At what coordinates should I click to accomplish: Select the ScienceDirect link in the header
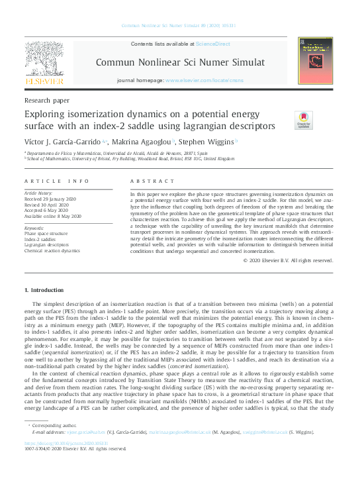point(213,44)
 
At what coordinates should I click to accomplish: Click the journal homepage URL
point(205,79)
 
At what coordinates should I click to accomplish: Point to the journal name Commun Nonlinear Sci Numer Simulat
point(180,62)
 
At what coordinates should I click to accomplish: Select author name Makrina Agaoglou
point(141,142)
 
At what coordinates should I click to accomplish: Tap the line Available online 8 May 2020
point(52,217)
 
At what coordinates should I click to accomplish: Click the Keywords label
point(35,228)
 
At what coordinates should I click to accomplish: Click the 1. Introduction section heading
point(45,290)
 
